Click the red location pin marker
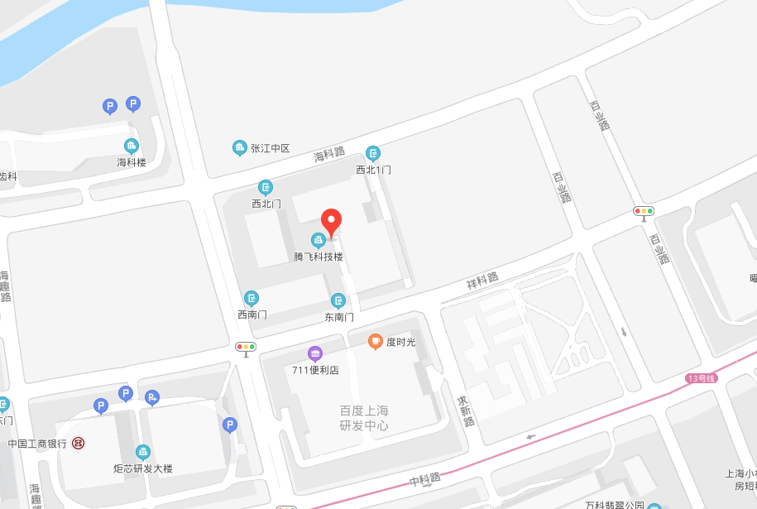[x=332, y=221]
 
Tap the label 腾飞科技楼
[x=319, y=257]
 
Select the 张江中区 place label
[x=271, y=148]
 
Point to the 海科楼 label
[x=132, y=162]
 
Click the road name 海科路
[x=328, y=153]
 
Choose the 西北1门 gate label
[x=373, y=170]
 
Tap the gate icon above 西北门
[x=266, y=187]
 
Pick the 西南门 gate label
[x=252, y=315]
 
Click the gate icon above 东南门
[x=338, y=300]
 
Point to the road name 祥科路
[x=482, y=281]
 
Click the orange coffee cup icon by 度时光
[x=376, y=341]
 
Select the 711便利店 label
[x=315, y=370]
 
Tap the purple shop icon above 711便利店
[x=314, y=353]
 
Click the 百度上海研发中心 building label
[x=364, y=418]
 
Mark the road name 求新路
[x=466, y=411]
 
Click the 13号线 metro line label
[x=701, y=378]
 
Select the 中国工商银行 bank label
[x=37, y=444]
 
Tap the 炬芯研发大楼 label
[x=143, y=468]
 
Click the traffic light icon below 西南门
[x=247, y=347]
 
